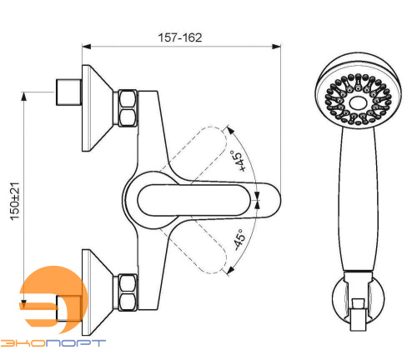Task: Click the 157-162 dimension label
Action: tap(180, 37)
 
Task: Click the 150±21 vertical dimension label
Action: tap(15, 201)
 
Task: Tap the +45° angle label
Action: tap(239, 161)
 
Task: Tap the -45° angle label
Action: tap(239, 239)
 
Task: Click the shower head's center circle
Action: tap(358, 103)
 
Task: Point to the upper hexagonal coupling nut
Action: tap(128, 108)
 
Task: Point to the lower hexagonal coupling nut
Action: tap(128, 292)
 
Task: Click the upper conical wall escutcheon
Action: tap(98, 108)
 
